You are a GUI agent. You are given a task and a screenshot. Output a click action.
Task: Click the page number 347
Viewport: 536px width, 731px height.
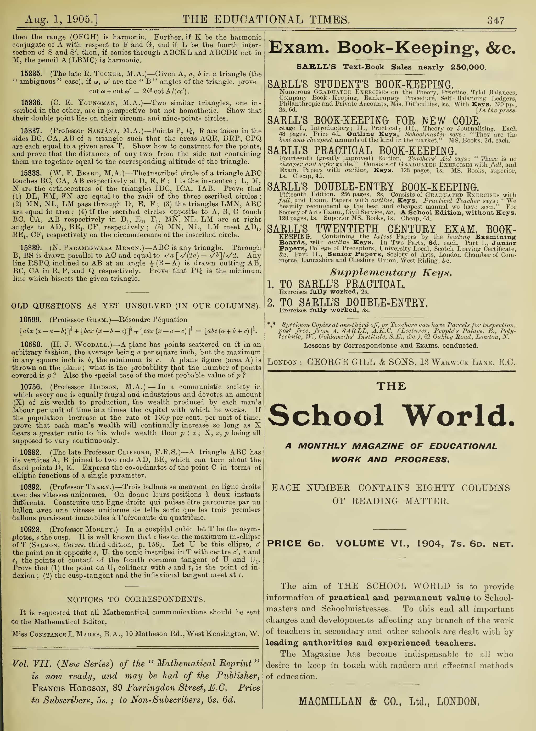495,20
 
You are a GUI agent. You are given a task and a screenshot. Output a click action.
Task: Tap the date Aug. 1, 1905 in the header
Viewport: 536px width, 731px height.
62,20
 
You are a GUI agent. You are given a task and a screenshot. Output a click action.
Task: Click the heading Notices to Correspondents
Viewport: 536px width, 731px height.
136,599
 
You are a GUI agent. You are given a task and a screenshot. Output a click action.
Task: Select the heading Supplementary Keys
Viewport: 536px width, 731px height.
391,272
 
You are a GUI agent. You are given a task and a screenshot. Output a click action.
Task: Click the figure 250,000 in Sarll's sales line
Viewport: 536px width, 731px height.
468,67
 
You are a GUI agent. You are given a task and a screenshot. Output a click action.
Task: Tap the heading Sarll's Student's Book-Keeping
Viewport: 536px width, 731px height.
360,84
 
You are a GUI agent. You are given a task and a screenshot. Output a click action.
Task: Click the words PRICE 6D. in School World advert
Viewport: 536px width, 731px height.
295,544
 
